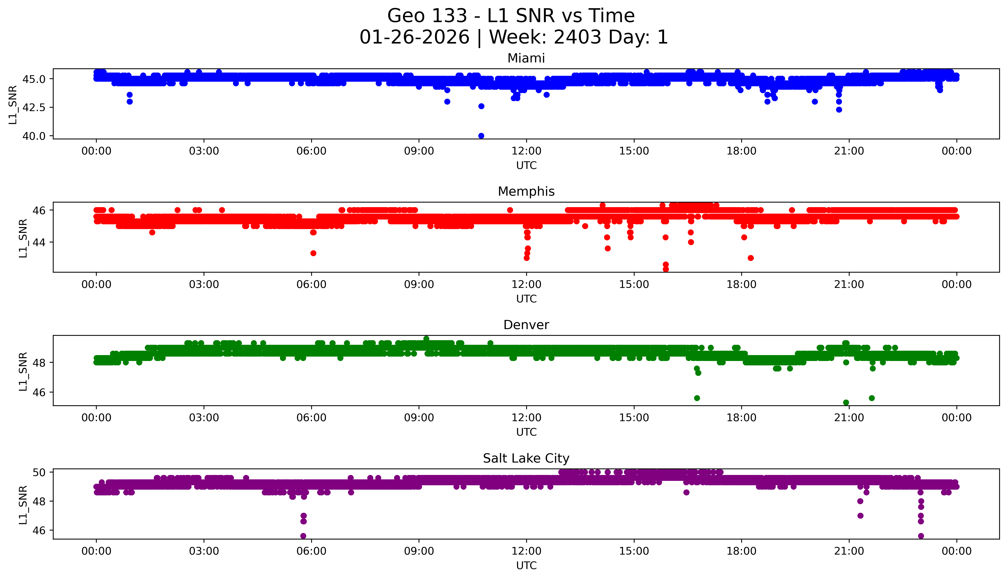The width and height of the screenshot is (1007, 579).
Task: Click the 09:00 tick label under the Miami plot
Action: coord(419,151)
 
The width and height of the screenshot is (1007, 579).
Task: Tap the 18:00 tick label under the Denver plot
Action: coord(742,417)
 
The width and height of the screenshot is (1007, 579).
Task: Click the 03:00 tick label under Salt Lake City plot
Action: coord(204,551)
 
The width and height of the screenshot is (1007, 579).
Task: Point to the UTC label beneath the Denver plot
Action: coord(526,432)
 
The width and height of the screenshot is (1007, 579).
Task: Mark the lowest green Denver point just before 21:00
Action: coord(846,402)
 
